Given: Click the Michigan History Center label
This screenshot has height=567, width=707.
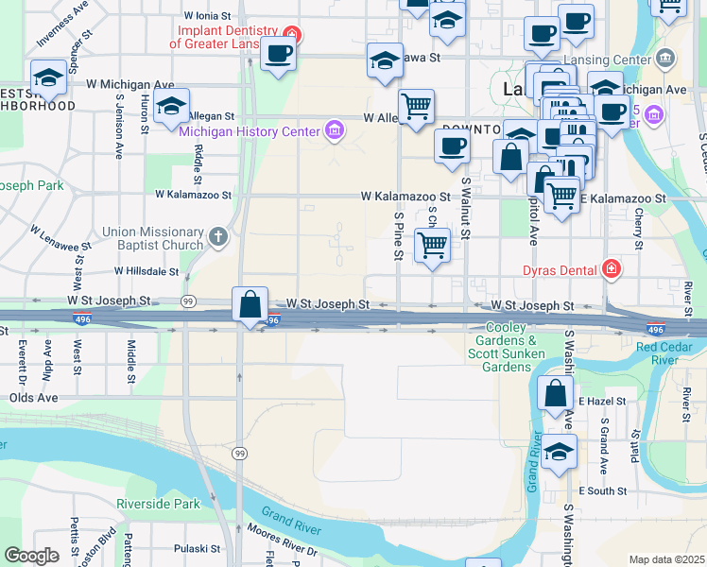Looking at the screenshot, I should click(250, 130).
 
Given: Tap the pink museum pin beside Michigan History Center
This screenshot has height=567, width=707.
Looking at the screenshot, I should click(333, 130).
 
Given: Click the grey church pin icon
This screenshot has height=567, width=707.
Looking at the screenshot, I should click(218, 236).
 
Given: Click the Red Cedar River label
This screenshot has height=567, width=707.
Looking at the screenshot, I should click(670, 353).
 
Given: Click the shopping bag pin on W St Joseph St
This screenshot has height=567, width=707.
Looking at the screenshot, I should click(250, 306).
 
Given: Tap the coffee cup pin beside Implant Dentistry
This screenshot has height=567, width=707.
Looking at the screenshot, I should click(278, 53).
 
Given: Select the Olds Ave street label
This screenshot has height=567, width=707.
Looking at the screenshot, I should click(33, 398).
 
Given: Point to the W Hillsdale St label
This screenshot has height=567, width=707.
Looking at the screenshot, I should click(147, 271).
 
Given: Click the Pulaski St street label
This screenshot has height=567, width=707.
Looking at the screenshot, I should click(198, 548).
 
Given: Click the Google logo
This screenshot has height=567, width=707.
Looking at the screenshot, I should click(31, 556).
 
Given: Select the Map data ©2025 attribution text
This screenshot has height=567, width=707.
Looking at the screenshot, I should click(666, 559).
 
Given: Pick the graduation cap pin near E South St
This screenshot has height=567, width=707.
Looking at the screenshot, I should click(559, 452).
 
